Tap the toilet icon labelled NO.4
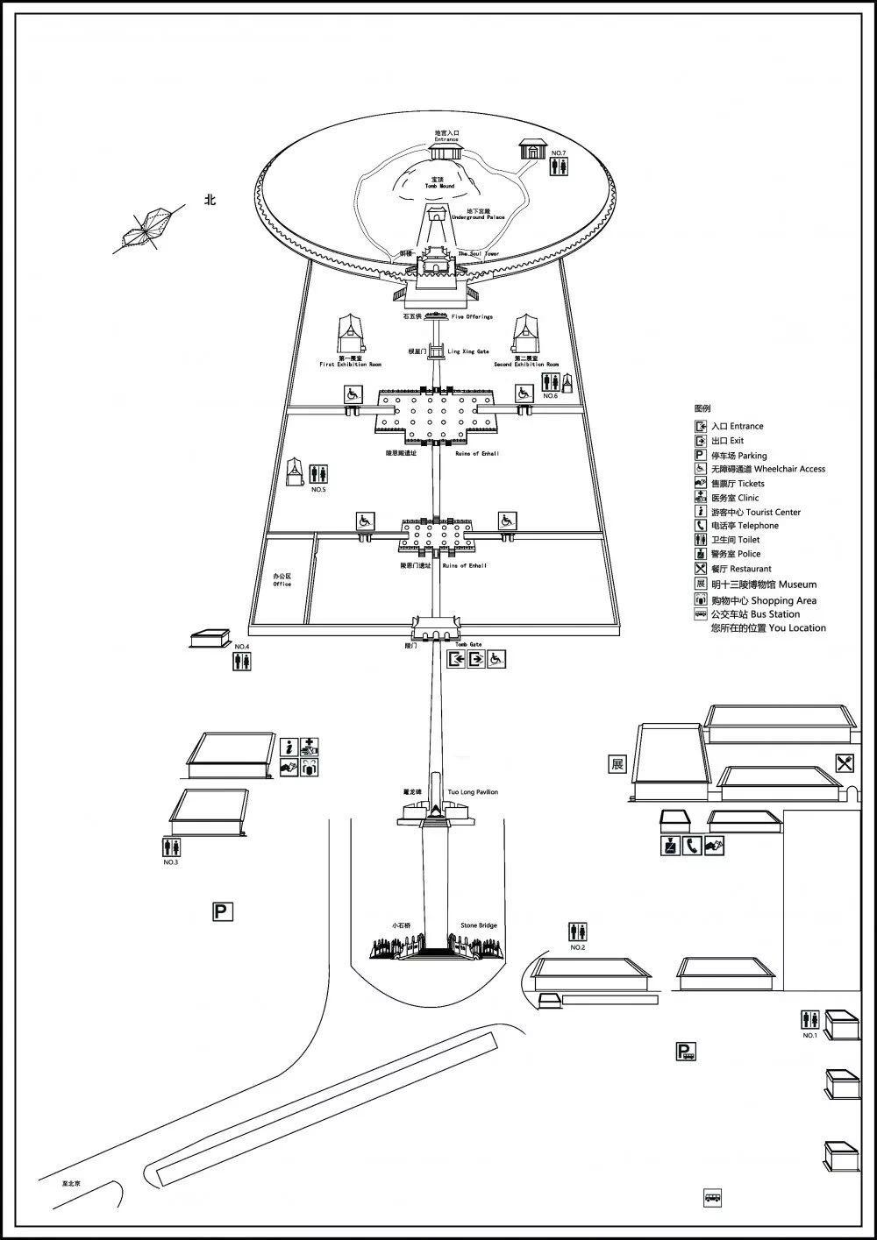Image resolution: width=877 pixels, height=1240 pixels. click(x=242, y=662)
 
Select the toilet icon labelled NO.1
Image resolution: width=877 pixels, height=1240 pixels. click(x=809, y=1020)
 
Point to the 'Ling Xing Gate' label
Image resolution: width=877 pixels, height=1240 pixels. click(x=468, y=351)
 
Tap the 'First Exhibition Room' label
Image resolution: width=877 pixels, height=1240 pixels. click(x=351, y=364)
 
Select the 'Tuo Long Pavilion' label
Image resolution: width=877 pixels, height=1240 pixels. click(x=473, y=792)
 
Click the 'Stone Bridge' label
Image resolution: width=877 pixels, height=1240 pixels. click(x=479, y=925)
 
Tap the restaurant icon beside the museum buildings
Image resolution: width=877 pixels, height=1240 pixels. click(x=844, y=763)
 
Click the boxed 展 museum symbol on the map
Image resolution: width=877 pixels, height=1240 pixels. click(x=617, y=763)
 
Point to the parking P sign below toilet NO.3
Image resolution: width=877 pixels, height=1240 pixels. click(x=223, y=912)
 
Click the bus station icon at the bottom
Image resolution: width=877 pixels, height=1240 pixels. click(x=712, y=1197)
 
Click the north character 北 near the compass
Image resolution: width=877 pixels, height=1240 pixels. click(x=210, y=200)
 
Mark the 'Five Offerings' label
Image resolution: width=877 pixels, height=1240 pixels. click(x=473, y=317)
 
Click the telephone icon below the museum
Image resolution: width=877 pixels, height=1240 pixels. click(x=692, y=847)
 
